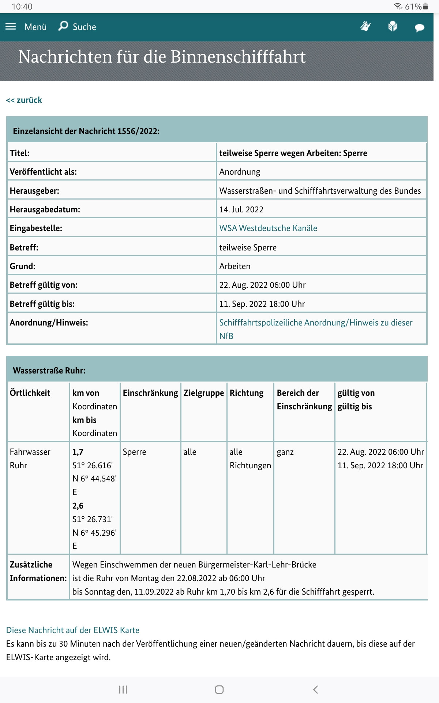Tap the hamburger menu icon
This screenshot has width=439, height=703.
(x=11, y=26)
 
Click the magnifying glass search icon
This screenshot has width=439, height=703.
(x=63, y=26)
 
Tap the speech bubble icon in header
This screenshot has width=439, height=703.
(x=419, y=27)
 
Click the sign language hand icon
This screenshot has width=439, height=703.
(x=365, y=26)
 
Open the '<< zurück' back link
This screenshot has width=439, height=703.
(x=24, y=100)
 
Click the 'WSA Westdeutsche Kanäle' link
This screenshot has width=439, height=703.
(x=268, y=228)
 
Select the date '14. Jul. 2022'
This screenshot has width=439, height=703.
(x=241, y=209)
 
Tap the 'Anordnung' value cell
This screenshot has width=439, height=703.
(x=240, y=172)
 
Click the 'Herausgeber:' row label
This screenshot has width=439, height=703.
(x=34, y=191)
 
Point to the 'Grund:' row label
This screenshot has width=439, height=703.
(x=23, y=266)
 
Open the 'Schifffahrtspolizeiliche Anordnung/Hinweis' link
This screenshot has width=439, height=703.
(x=315, y=323)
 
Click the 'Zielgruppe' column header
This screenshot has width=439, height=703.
(x=203, y=393)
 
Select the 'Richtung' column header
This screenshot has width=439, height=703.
(x=246, y=393)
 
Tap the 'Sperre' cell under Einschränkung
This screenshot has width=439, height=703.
(x=134, y=452)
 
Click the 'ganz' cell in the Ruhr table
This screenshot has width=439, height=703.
(x=285, y=452)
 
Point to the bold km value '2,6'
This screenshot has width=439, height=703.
(x=78, y=506)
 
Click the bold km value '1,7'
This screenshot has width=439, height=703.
(x=78, y=452)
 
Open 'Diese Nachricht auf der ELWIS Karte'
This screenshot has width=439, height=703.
(x=73, y=630)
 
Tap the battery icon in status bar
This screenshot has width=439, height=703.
(x=425, y=6)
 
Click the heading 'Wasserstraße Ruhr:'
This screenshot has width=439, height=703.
(x=49, y=371)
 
